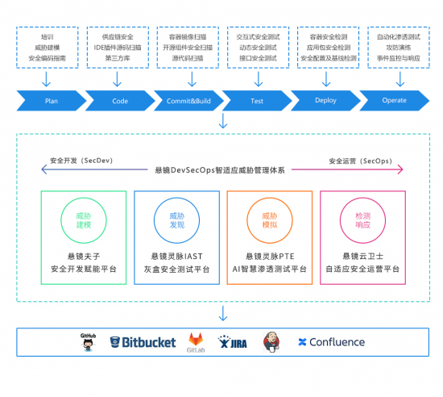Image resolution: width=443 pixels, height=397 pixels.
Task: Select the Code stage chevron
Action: click(118, 102)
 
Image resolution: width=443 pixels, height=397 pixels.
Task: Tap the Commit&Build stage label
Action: click(187, 102)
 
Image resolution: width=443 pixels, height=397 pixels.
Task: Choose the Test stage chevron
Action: click(256, 102)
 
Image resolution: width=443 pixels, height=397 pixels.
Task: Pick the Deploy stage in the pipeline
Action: click(325, 102)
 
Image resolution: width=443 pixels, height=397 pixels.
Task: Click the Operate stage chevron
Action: click(394, 102)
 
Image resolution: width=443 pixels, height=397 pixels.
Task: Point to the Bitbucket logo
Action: click(143, 341)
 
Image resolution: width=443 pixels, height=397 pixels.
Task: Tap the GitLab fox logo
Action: click(195, 341)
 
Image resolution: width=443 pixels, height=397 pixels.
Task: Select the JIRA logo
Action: click(233, 342)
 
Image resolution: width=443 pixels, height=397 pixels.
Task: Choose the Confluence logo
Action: click(331, 341)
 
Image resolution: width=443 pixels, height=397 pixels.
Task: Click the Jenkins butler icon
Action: click(271, 341)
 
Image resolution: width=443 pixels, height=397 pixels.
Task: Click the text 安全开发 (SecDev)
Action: click(81, 161)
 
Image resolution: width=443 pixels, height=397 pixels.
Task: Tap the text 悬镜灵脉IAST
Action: click(176, 256)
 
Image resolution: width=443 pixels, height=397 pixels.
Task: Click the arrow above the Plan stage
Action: click(47, 78)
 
